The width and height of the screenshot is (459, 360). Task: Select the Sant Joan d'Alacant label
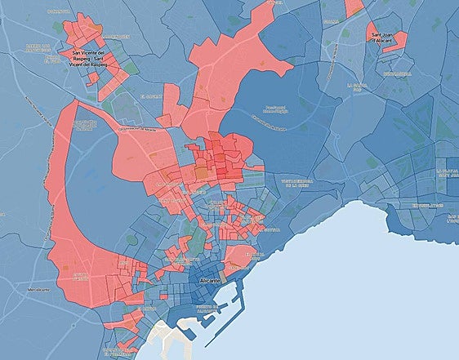[x=386, y=37]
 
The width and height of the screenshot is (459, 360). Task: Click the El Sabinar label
[x=151, y=96]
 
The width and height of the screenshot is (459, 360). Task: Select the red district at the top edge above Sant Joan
[x=354, y=7]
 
